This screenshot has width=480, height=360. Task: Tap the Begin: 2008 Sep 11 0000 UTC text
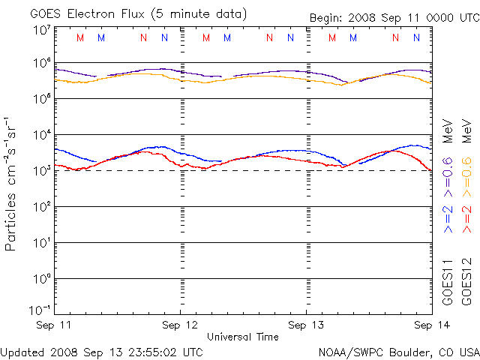(x=394, y=18)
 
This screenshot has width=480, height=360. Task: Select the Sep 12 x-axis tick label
(x=181, y=325)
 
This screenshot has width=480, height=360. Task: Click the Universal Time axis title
(x=242, y=337)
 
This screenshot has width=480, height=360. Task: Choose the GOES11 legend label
(x=448, y=281)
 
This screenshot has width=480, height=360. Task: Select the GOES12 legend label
(x=466, y=281)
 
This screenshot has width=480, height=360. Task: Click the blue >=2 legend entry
(x=448, y=217)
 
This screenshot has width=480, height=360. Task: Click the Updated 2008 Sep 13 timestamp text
(x=102, y=351)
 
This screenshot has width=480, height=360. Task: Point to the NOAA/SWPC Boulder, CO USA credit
(x=398, y=351)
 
